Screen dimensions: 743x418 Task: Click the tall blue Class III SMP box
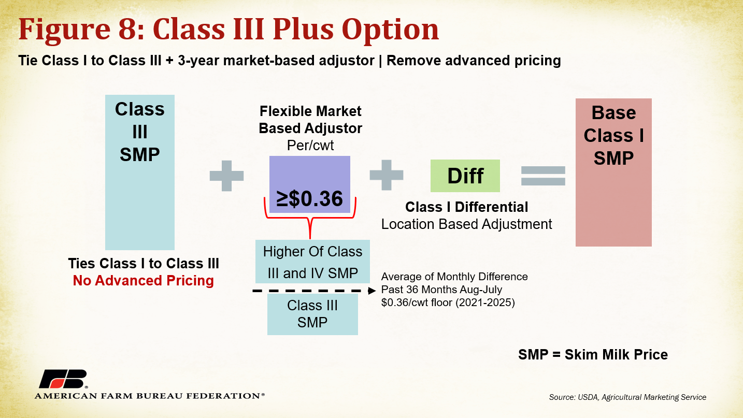pos(140,172)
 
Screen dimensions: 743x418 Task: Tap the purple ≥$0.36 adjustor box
pos(309,184)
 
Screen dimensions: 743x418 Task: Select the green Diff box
pos(465,176)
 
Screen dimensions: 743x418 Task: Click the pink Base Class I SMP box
pos(613,172)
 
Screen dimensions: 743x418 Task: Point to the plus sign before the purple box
pos(226,176)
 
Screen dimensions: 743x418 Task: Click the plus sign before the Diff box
pos(387,175)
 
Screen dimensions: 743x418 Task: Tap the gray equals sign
pos(543,176)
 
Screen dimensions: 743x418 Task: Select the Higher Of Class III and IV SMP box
pos(312,262)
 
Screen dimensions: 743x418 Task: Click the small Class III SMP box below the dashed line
pos(312,314)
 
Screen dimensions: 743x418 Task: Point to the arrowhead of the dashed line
pos(372,291)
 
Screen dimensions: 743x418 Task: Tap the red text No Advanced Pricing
pos(144,280)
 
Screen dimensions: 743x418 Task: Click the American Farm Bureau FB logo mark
pos(63,379)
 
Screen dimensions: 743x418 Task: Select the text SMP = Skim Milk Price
pos(593,354)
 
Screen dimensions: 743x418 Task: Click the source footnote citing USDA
pos(627,397)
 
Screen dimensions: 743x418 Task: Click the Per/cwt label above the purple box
pos(310,145)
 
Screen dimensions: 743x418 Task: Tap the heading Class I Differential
pos(466,207)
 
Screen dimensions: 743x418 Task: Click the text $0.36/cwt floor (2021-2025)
pos(448,302)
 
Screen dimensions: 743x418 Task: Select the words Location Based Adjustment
pos(466,224)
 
